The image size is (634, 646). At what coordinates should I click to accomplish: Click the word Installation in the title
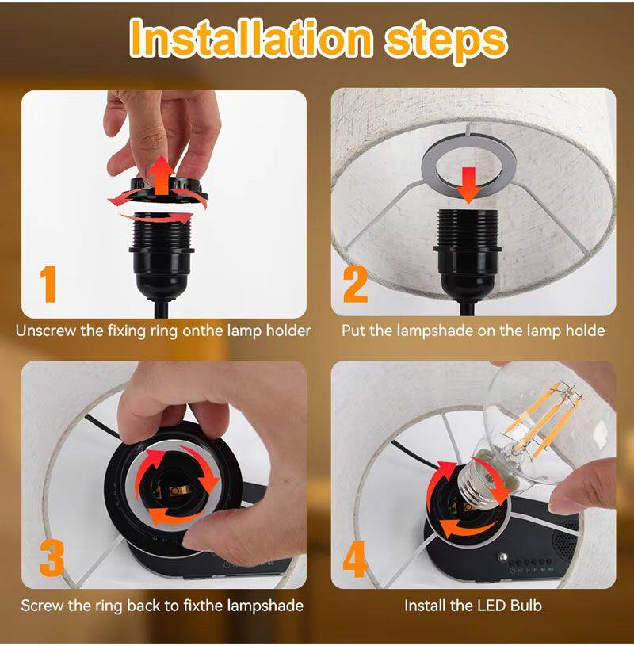pyautogui.click(x=251, y=39)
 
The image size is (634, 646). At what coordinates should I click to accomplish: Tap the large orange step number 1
pyautogui.click(x=48, y=285)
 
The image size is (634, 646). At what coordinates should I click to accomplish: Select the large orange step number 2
pyautogui.click(x=355, y=285)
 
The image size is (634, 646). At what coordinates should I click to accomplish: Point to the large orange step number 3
pyautogui.click(x=52, y=557)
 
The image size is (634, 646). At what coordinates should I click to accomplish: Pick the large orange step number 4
pyautogui.click(x=355, y=559)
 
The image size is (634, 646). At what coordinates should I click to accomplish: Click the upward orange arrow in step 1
pyautogui.click(x=161, y=175)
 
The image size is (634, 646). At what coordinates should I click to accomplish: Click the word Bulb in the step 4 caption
pyautogui.click(x=525, y=606)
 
